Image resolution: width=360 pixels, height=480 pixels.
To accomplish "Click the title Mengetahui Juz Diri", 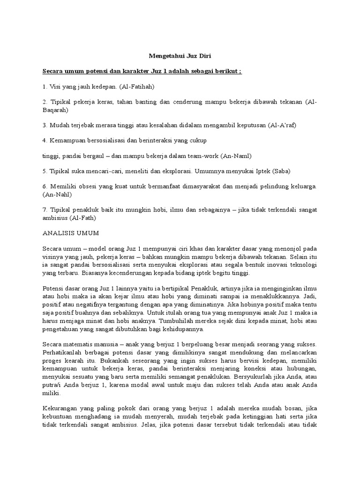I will tap(180, 56).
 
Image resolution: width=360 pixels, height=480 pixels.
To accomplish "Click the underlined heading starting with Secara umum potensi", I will tap(142, 71).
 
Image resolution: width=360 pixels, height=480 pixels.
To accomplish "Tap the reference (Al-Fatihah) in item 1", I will tap(136, 87).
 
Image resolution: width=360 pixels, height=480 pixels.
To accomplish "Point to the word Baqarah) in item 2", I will tap(55, 110).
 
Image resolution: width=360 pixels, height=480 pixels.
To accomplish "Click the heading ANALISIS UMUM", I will tap(70, 232).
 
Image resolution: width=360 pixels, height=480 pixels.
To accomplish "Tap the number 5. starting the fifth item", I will tap(45, 171).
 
